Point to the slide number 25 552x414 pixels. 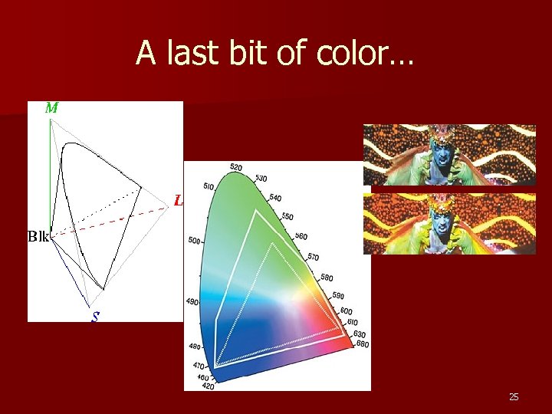(x=514, y=396)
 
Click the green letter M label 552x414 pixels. (x=51, y=108)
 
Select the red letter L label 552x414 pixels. (x=179, y=202)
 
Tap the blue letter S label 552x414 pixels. (x=94, y=315)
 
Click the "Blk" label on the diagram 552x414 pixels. (x=38, y=236)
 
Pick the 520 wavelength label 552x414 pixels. (x=236, y=167)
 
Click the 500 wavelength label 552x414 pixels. (x=194, y=241)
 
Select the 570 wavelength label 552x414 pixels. (x=314, y=256)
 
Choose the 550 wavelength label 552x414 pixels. (x=287, y=217)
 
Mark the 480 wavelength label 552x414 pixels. (x=195, y=347)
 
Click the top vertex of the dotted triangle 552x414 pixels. (x=272, y=243)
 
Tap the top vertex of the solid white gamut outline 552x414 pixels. (x=258, y=211)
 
